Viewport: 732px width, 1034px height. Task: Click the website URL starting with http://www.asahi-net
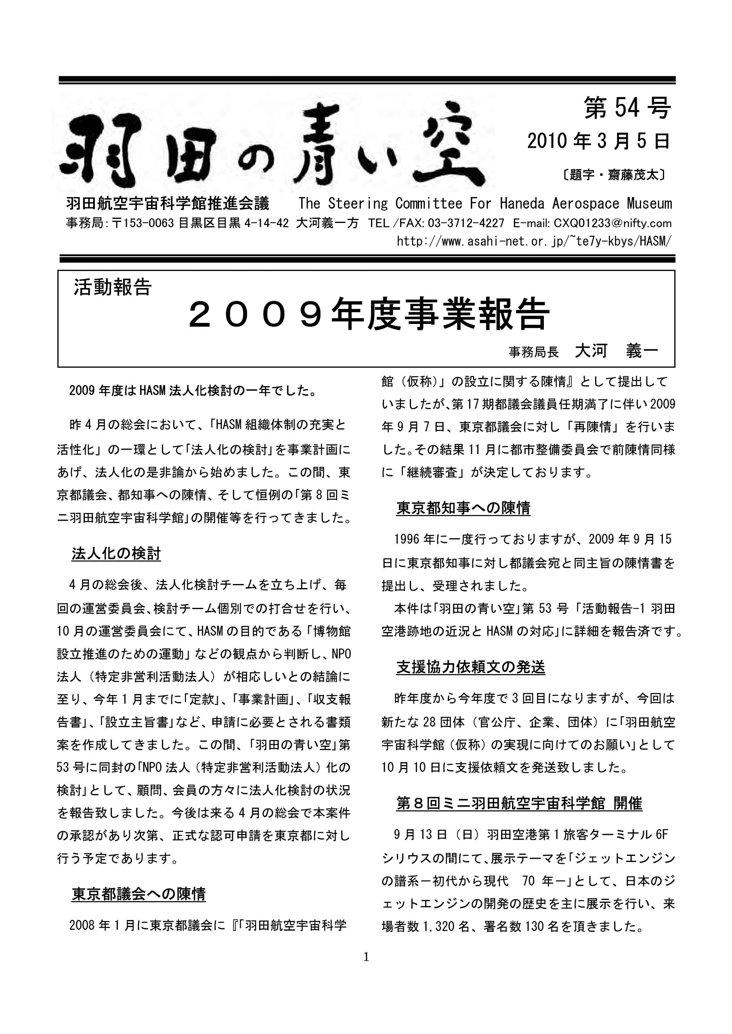click(534, 241)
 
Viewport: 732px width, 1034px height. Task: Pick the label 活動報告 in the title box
click(113, 287)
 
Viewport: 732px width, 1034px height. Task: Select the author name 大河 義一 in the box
click(616, 351)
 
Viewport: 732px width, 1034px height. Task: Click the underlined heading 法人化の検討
click(116, 553)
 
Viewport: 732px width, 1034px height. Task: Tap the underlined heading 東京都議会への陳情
click(138, 894)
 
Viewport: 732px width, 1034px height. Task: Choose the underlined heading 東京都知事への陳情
click(463, 508)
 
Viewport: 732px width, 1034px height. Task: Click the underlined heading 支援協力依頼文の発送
click(471, 667)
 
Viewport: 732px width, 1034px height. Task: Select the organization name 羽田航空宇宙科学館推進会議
click(168, 204)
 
